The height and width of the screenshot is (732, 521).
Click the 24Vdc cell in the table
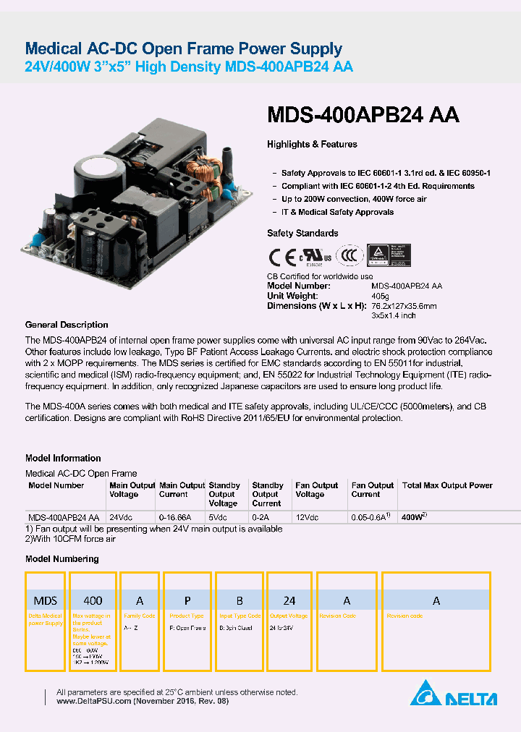click(x=120, y=518)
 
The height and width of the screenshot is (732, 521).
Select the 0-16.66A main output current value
click(x=175, y=518)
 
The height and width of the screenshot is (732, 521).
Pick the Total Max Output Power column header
click(x=446, y=485)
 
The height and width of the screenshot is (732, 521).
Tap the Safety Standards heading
click(x=302, y=234)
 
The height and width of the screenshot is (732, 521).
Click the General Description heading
click(x=67, y=325)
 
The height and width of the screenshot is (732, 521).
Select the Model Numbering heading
click(x=62, y=559)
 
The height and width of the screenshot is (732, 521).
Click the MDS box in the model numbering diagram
click(x=46, y=600)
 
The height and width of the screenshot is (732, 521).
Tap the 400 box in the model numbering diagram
click(x=93, y=600)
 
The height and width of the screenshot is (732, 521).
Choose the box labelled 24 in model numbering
click(x=289, y=600)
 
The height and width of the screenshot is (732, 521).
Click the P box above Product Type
click(x=187, y=600)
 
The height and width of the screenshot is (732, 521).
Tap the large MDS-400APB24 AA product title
click(x=363, y=115)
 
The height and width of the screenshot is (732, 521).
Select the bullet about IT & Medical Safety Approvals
click(x=337, y=213)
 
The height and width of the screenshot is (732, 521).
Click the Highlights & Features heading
click(x=312, y=145)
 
